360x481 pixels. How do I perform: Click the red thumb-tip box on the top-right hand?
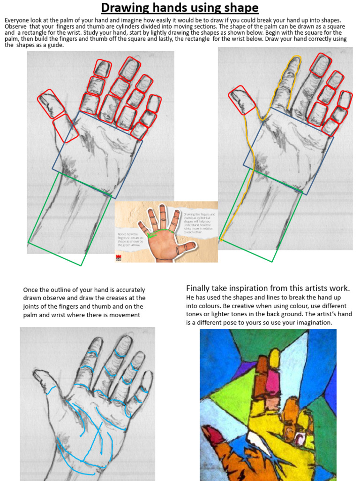click(x=242, y=100)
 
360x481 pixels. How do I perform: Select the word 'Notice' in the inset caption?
click(x=123, y=233)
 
